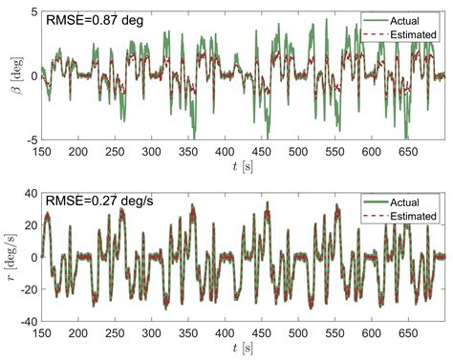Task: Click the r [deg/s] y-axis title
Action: click(x=11, y=258)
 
